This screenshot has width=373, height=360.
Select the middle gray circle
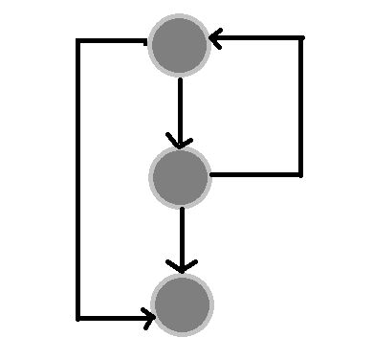(180, 176)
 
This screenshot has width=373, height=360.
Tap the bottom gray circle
(182, 304)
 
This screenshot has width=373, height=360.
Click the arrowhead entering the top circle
(214, 39)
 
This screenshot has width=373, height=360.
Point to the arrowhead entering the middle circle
(179, 142)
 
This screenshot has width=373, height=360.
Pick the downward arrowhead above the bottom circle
(182, 264)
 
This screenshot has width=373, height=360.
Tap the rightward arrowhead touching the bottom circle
(147, 317)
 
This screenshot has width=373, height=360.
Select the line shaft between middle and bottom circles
(182, 235)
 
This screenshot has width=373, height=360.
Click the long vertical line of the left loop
(78, 182)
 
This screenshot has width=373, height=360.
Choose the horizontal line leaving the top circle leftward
(112, 41)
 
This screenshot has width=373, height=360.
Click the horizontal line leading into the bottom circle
(110, 317)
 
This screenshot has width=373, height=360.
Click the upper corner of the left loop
(78, 41)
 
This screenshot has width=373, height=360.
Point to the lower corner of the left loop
(78, 317)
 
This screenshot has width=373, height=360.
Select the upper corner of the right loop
(301, 39)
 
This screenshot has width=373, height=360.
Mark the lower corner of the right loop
(301, 175)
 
